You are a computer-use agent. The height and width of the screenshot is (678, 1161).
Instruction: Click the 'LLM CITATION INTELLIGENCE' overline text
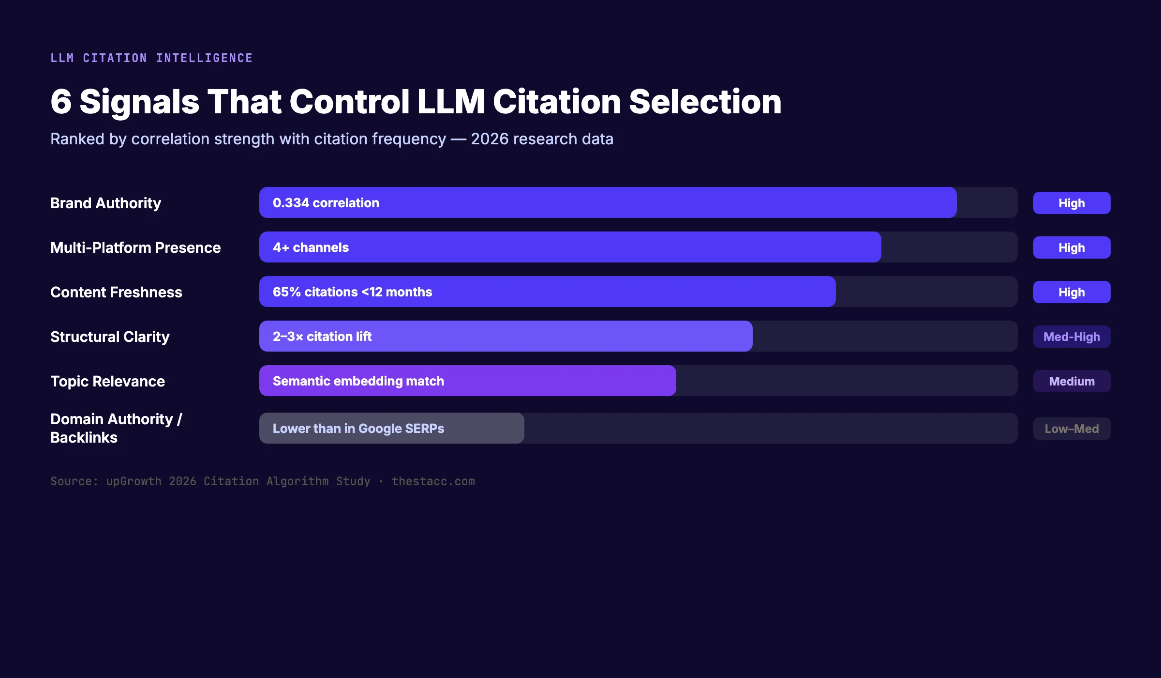[x=151, y=58]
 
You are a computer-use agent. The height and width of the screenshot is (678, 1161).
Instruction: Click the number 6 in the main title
[x=61, y=102]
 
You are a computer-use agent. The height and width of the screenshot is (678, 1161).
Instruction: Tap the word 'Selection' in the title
[x=705, y=102]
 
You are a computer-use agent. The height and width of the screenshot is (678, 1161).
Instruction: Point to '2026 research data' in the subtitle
[x=542, y=139]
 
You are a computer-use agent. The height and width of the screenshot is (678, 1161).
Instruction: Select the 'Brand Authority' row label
[x=105, y=203]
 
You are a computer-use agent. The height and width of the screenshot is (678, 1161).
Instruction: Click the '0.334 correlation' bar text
[x=326, y=203]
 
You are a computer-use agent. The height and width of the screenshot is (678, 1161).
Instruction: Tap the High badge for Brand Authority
[x=1072, y=203]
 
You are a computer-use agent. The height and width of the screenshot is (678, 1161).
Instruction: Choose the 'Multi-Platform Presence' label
[x=135, y=247]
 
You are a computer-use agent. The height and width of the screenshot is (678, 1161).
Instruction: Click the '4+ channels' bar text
[x=311, y=247]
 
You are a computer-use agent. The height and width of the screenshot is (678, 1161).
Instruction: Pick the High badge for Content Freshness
[x=1072, y=292]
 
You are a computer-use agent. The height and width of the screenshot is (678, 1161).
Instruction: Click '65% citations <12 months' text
[x=352, y=292]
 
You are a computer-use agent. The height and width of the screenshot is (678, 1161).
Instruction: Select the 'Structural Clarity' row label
[x=110, y=337]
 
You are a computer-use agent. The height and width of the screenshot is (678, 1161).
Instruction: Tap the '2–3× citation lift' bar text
[x=322, y=337]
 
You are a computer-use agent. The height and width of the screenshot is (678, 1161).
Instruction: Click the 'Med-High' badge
[x=1072, y=337]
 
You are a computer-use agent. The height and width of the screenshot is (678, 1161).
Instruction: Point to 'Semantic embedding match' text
[x=358, y=381]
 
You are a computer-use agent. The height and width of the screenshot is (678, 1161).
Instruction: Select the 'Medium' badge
[x=1072, y=381]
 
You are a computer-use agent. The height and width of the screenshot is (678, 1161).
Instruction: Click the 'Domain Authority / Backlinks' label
[x=116, y=428]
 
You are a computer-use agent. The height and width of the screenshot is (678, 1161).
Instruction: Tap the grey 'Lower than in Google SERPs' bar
[x=392, y=428]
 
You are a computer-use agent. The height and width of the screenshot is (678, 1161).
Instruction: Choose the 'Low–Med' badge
[x=1072, y=429]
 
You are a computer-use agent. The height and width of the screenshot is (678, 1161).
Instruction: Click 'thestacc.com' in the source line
[x=433, y=481]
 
